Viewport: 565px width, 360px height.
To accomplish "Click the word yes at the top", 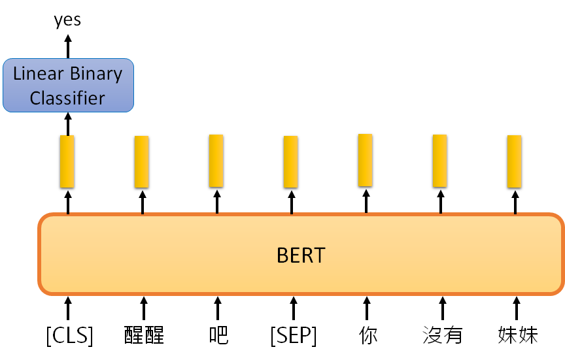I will click(x=67, y=20).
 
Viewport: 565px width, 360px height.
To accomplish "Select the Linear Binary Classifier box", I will click(x=68, y=85).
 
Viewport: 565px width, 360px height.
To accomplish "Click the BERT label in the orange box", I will click(x=301, y=254).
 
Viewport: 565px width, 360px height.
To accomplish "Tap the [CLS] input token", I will click(x=69, y=336).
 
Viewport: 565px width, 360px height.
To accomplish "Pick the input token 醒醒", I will click(x=143, y=336).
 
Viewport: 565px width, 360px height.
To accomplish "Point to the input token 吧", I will click(x=218, y=336).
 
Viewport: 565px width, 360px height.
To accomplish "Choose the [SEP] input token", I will click(x=293, y=336).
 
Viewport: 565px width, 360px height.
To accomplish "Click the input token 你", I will click(x=368, y=336).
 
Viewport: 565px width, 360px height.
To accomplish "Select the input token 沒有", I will click(x=443, y=336).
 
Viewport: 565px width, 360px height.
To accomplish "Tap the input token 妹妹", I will click(x=517, y=336).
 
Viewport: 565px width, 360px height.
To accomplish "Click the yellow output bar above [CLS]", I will click(x=67, y=161).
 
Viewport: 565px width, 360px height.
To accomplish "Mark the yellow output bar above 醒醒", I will click(x=142, y=161).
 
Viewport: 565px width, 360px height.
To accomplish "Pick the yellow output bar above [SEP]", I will click(x=291, y=161).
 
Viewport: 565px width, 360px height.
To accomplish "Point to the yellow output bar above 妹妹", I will click(x=515, y=161).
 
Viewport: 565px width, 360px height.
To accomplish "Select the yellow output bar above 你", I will click(x=366, y=160).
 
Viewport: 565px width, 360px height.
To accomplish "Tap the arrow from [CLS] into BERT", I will click(x=67, y=309).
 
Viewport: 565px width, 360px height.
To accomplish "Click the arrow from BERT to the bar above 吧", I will click(x=217, y=201).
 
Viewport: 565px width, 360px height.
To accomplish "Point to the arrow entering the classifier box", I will click(x=67, y=123).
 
